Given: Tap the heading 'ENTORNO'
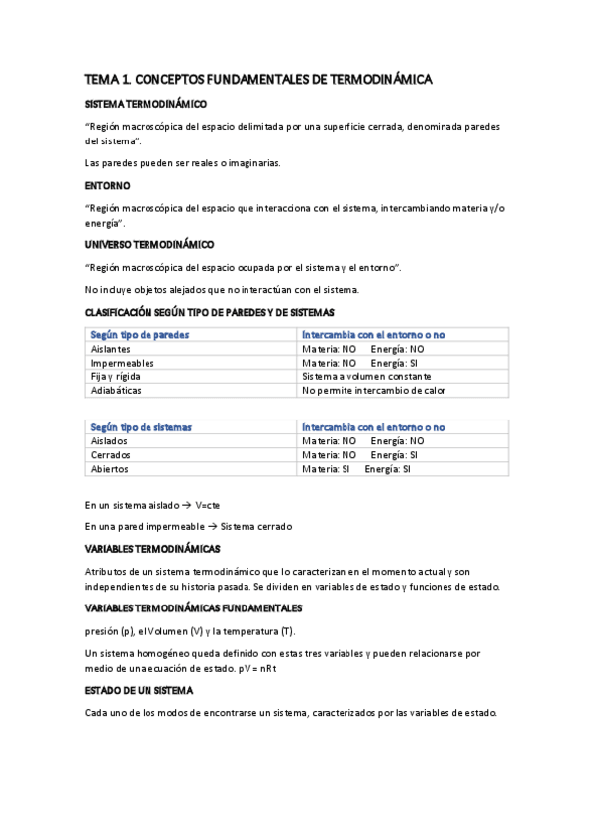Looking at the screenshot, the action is [x=108, y=185].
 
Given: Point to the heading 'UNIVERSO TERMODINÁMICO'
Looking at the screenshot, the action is [x=149, y=243].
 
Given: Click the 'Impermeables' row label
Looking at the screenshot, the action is [x=122, y=363].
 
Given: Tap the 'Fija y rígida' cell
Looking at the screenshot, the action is [x=115, y=377].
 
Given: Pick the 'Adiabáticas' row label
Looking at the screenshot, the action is [x=116, y=390].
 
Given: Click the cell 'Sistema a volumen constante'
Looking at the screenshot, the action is [x=366, y=377].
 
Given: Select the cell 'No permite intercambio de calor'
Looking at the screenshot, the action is [x=374, y=390].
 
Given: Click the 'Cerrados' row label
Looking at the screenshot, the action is [x=110, y=455].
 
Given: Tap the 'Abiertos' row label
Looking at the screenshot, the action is [x=109, y=469].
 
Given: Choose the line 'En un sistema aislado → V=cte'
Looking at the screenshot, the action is [x=152, y=504].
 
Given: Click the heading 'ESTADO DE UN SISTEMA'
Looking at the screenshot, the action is [x=140, y=690].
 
